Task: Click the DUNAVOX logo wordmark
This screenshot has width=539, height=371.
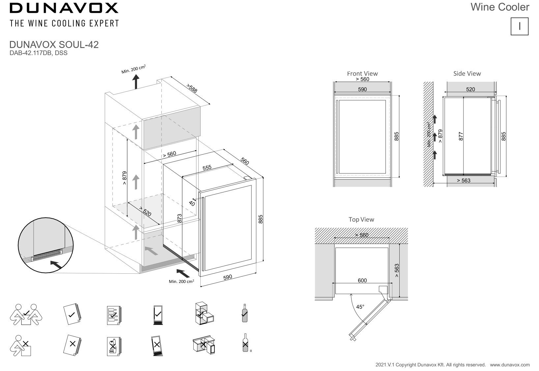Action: coord(64,8)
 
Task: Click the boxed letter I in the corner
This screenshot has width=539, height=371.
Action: coord(519,26)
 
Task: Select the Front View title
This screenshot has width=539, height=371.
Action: coord(362,74)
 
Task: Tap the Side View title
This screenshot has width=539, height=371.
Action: coord(467,74)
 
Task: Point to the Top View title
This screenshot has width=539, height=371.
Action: coord(361,219)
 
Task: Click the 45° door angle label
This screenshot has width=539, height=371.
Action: coord(360,307)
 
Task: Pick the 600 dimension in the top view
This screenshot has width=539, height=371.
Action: coord(362,280)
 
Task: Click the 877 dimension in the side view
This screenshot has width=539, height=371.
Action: coord(461,136)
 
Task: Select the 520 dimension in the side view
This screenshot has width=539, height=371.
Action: coord(470,89)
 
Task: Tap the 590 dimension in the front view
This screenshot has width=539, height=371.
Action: coord(362,89)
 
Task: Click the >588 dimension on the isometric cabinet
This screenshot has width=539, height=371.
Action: coord(191,88)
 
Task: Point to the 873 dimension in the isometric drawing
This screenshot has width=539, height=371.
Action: coord(180,218)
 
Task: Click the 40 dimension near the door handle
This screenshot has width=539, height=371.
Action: coord(192,203)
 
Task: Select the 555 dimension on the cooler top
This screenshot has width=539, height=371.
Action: coord(207,168)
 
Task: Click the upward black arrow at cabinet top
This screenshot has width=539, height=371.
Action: coord(136,81)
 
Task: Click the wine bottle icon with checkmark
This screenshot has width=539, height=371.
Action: coord(244,313)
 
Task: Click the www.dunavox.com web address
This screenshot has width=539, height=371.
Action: coord(510,365)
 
